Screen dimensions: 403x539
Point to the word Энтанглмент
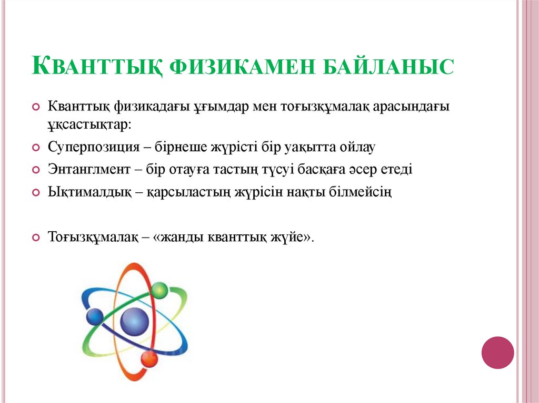pos(89,170)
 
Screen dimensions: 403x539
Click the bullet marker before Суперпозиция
pos(36,148)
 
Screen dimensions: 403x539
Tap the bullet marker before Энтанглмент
pos(36,170)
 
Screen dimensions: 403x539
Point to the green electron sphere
pos(159,290)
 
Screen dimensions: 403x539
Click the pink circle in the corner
pos(497,353)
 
